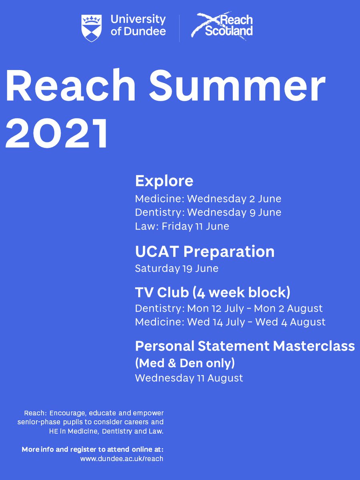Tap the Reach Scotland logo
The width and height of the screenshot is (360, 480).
point(222,26)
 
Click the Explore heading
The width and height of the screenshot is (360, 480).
point(164,181)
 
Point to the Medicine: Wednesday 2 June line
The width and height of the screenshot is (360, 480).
point(208,199)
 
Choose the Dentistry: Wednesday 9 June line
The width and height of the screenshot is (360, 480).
point(208,212)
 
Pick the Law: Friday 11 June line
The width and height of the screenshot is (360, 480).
point(182,226)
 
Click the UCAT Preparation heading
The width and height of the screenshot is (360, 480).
point(205,252)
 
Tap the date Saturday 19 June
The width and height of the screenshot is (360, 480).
point(176,268)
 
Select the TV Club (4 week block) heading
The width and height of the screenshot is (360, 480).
point(212,293)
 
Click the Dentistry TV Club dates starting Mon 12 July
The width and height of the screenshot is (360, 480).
point(229,309)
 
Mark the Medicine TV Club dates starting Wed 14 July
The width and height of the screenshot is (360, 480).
point(230,322)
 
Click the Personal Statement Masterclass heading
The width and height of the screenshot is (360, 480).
point(245,346)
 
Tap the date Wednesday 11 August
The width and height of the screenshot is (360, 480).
point(189,378)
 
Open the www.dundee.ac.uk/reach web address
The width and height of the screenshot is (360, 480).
point(122,459)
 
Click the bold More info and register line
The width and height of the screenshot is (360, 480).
point(92,450)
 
